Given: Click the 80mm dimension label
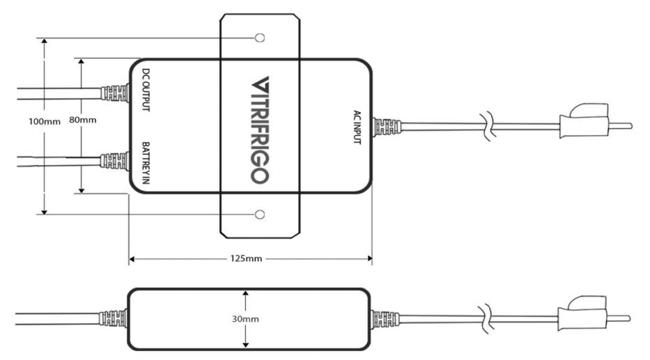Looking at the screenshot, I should pos(82,120).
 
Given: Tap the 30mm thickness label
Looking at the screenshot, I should pos(246,319).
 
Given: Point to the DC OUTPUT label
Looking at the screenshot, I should pos(146,90).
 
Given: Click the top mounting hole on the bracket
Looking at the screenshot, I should pos(261,37).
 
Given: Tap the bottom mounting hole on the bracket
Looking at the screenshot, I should pos(261,214).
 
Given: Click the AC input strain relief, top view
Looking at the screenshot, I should pos(387,127).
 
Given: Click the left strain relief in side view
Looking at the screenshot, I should pos(113,318).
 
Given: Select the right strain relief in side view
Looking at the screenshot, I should pos(385,319).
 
